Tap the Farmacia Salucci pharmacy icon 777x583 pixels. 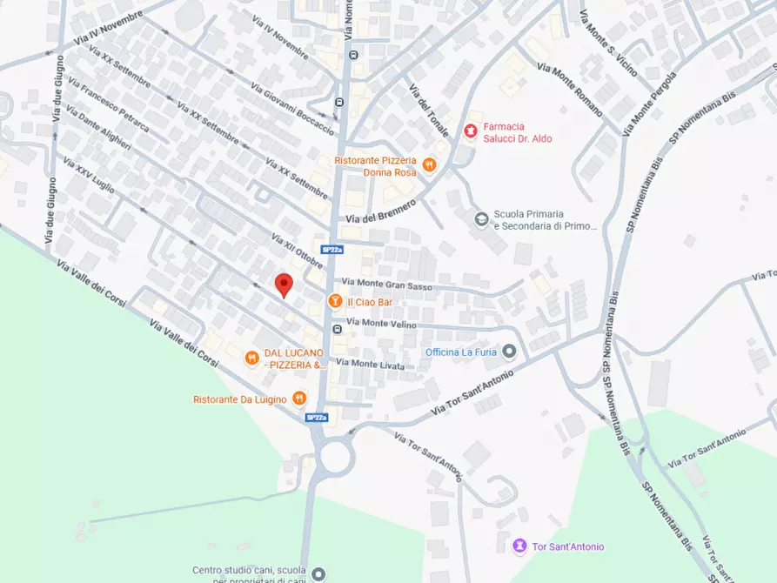pos(471,131)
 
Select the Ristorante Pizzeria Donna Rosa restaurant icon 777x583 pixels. pos(428,164)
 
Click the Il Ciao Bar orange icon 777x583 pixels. pos(334,301)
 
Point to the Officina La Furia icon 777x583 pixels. pos(510,352)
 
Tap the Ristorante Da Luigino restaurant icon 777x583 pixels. pos(298,399)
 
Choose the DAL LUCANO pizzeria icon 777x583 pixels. pos(251,358)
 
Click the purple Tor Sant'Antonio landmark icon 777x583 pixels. pos(519,546)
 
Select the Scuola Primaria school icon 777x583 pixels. pos(480,218)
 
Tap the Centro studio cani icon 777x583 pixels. pos(318,573)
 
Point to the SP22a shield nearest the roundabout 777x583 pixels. pos(317,418)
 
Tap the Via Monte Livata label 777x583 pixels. pos(371,365)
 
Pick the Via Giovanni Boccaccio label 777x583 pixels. pos(292,109)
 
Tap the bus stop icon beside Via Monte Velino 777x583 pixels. pos(336,329)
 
